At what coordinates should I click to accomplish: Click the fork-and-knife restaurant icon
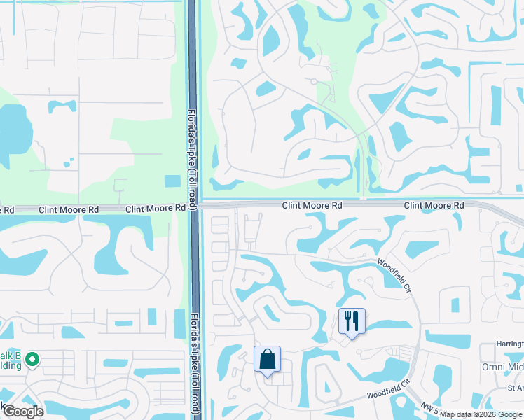352,321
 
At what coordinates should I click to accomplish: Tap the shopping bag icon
267,360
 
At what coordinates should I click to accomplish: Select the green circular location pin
31,360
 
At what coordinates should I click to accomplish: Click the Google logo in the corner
22,412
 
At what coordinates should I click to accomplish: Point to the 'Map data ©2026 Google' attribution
481,414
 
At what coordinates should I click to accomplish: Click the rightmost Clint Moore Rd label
434,205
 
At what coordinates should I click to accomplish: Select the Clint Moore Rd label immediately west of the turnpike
156,209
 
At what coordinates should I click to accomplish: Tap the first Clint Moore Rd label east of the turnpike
312,205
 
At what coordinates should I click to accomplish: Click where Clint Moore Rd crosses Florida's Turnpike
194,206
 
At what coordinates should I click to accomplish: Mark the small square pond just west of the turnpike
172,181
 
